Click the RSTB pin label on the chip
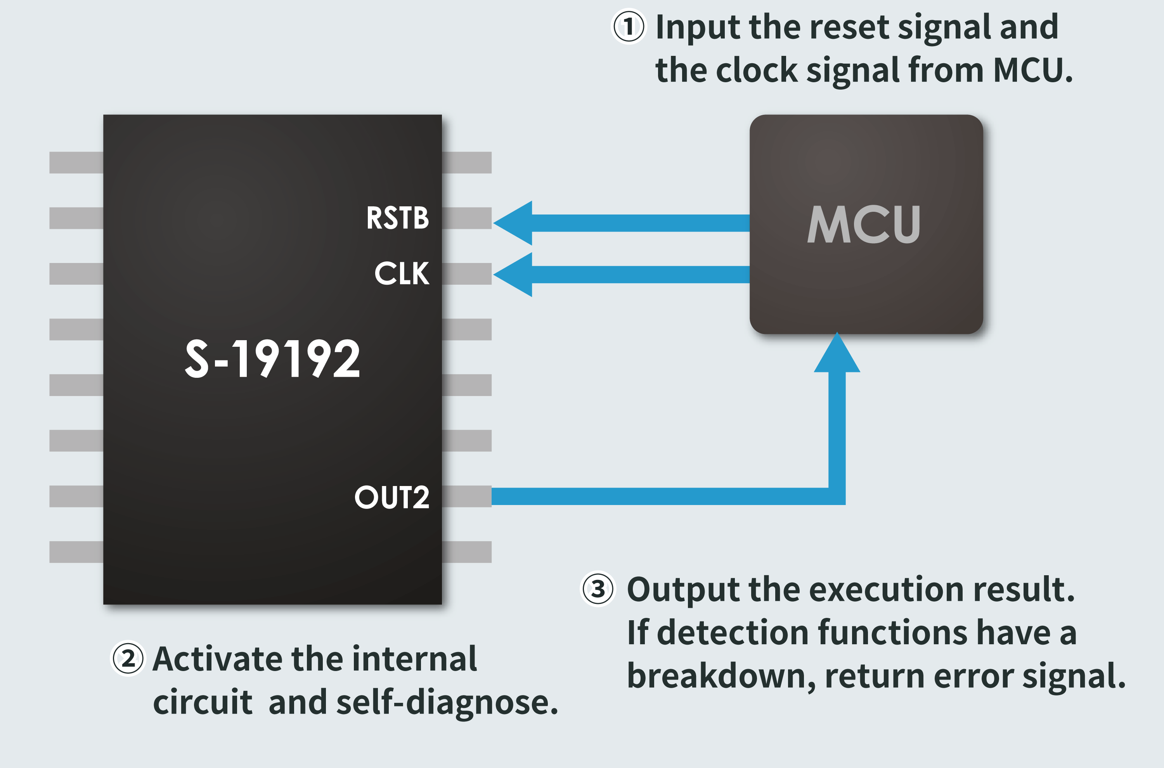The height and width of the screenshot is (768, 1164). [397, 218]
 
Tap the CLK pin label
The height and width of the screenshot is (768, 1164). [402, 273]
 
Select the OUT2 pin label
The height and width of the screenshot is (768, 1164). [392, 498]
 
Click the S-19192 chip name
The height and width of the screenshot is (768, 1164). [272, 359]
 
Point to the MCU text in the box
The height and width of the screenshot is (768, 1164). [864, 224]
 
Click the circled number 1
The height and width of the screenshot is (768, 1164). [629, 27]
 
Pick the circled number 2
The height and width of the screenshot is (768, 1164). [128, 659]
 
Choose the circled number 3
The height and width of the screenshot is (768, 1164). [598, 589]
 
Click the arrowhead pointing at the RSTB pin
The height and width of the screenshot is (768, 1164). [514, 223]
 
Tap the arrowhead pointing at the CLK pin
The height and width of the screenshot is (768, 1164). [514, 274]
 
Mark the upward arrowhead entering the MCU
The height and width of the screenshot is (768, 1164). [837, 354]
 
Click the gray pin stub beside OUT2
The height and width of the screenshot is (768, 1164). [467, 496]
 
